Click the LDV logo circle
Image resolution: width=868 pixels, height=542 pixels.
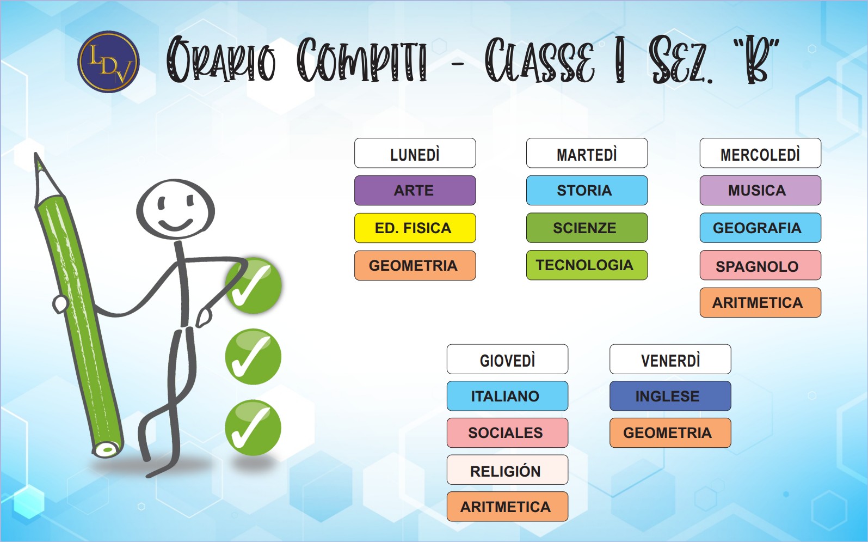click(108, 62)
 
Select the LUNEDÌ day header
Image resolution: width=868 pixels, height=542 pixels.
click(415, 153)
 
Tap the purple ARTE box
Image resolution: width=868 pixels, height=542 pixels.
click(415, 191)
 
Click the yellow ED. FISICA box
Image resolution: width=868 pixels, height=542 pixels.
click(415, 228)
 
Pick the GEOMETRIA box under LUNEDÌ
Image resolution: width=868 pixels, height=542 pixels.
click(415, 265)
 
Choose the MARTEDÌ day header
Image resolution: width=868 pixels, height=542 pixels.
click(587, 153)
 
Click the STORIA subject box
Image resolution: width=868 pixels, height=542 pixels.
click(587, 191)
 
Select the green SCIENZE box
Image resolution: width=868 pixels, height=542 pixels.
click(587, 228)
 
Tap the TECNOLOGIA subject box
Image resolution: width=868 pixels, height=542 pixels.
click(587, 265)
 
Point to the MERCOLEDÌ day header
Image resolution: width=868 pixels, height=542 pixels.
click(760, 153)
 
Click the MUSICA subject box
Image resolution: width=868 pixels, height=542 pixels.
click(760, 191)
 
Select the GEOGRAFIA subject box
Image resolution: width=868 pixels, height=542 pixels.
click(760, 228)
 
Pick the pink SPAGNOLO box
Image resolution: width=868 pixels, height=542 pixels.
click(760, 265)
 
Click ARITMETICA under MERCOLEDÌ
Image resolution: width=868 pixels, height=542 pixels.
click(760, 302)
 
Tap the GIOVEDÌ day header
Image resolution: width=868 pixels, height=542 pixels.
click(507, 360)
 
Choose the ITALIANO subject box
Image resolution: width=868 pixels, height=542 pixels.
click(507, 396)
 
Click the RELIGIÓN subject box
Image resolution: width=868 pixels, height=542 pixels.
click(507, 470)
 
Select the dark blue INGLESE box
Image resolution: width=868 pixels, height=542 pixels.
click(670, 396)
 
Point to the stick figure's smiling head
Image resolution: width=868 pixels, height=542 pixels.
click(175, 210)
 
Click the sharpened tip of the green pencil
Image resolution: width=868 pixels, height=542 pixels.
click(36, 156)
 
